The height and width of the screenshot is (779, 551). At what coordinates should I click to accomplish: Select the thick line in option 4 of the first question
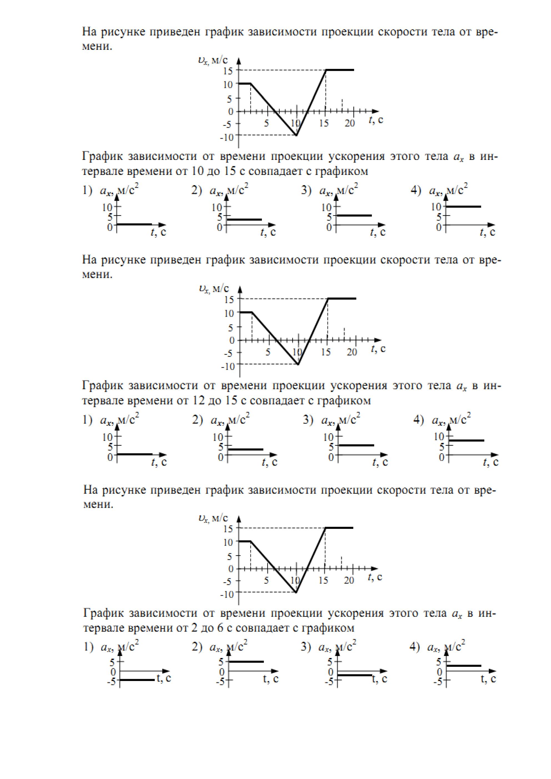(464, 206)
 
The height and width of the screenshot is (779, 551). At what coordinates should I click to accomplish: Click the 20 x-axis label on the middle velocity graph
(352, 353)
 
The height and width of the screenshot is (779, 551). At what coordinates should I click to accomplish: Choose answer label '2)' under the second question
(197, 420)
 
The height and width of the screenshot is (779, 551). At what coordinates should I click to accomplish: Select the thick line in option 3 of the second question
(357, 445)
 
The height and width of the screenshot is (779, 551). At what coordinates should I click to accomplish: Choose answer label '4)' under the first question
(416, 191)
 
